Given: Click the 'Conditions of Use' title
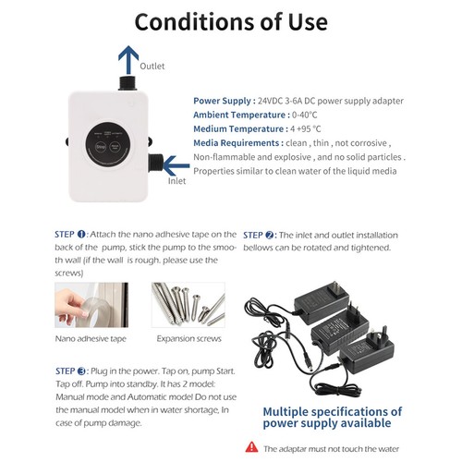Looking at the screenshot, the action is [231, 22].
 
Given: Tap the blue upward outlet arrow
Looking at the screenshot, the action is [128, 60].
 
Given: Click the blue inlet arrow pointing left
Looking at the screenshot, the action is [176, 165].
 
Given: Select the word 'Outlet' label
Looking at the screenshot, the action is [152, 66].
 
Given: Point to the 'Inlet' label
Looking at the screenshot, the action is [176, 181].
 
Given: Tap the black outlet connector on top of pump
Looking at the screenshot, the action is [128, 82].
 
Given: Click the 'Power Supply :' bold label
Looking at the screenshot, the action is [225, 101].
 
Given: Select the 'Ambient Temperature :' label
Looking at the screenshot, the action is [241, 115].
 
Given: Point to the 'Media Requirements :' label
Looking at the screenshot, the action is [238, 143].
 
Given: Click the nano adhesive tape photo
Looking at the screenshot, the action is [91, 305].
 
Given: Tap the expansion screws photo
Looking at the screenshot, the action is [188, 305].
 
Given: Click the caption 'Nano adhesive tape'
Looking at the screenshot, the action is [91, 339].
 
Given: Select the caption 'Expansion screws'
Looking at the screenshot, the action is [188, 338].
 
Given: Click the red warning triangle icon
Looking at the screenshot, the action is [251, 447].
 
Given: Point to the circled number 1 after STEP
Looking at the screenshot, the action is [81, 235].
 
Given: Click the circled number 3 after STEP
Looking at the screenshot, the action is [81, 371].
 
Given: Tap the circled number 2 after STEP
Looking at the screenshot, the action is [270, 236].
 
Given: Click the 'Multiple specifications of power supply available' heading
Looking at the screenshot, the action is [333, 418].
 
